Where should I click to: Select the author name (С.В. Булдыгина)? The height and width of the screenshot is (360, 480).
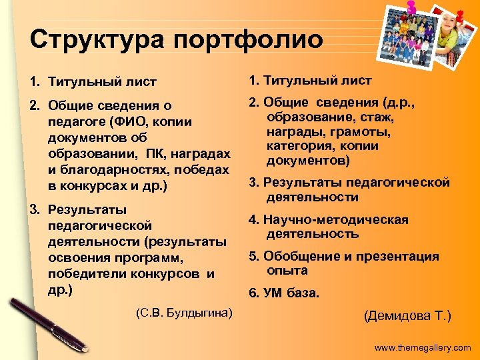[x=183, y=311]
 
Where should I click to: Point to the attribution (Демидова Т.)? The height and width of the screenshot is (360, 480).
[x=407, y=316]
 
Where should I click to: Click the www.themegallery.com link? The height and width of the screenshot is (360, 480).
[x=422, y=347]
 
